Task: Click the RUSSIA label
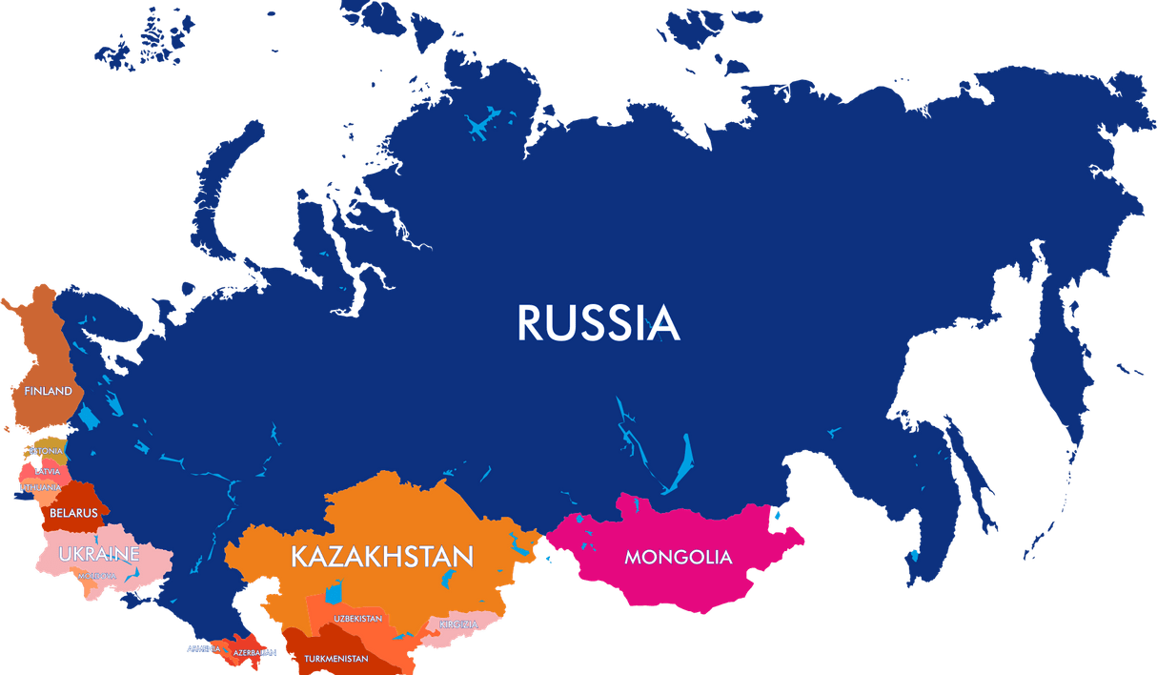click(x=598, y=323)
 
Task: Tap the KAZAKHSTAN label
click(x=382, y=557)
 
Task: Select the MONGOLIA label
click(x=678, y=557)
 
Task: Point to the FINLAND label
click(x=48, y=392)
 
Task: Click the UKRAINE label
click(x=99, y=554)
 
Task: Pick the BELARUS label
click(x=73, y=513)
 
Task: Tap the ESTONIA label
click(x=46, y=451)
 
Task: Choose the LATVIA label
click(x=47, y=471)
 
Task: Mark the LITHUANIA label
click(x=40, y=488)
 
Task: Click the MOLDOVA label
click(x=97, y=576)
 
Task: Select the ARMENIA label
click(x=204, y=648)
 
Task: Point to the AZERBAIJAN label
click(x=254, y=653)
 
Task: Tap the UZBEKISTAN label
click(x=357, y=619)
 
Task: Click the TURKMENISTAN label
click(x=335, y=659)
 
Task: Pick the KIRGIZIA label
click(x=458, y=624)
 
